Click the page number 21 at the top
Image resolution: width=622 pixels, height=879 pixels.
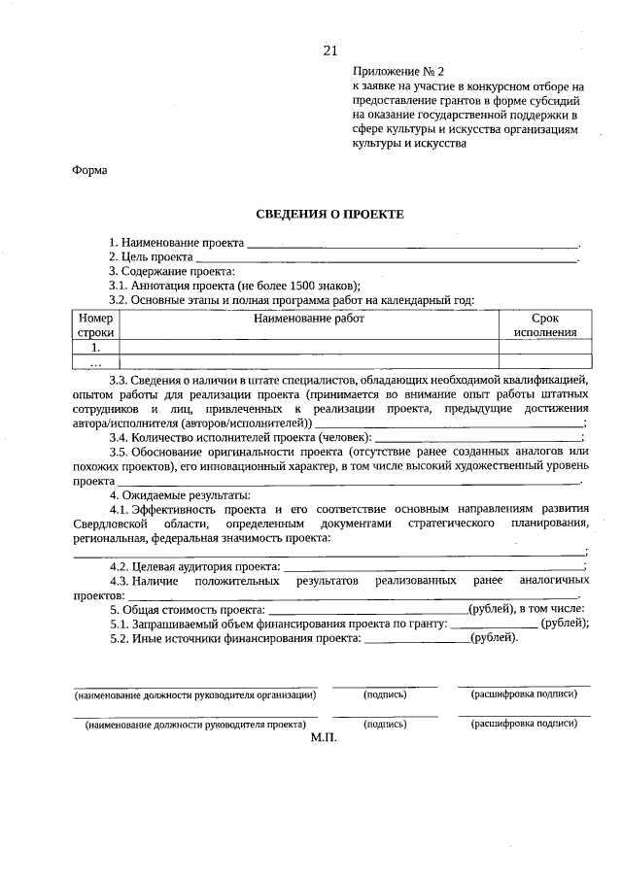point(330,51)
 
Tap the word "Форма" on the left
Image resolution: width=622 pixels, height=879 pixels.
point(89,170)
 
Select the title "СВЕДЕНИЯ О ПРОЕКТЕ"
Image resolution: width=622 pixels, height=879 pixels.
point(328,214)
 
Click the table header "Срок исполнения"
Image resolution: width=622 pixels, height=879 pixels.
point(544,324)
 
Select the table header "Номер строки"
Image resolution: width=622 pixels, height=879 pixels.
point(96,324)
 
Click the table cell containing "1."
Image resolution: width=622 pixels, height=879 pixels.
point(96,347)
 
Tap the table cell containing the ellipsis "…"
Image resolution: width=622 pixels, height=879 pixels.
point(96,362)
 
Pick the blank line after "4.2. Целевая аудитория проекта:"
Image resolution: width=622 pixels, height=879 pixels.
point(432,566)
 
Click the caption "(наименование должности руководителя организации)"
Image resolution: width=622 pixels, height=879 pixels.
point(195,695)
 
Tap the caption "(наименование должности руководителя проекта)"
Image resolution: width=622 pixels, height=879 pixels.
point(195,725)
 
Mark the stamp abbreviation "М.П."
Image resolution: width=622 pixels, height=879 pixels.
point(323,739)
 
